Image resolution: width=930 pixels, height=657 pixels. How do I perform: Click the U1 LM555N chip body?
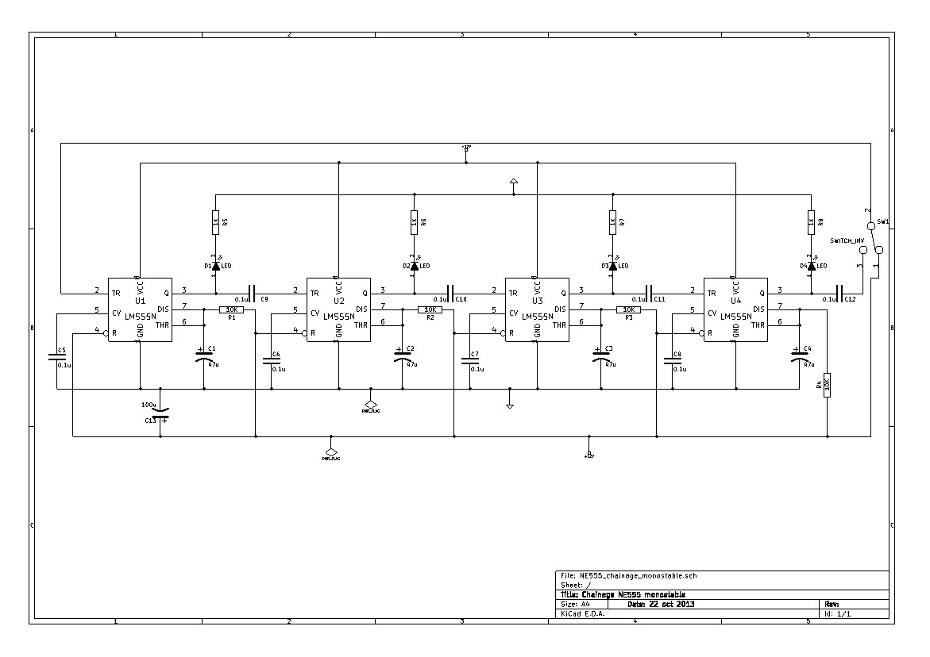coord(140,310)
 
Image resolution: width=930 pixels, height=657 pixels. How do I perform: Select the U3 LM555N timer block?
coord(537,310)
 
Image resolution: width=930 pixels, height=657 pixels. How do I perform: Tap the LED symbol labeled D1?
coord(215,265)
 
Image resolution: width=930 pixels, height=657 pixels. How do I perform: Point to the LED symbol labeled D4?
coord(811,265)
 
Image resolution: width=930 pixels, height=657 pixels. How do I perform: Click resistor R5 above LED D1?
coord(215,223)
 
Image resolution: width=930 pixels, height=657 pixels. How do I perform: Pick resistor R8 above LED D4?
coord(811,223)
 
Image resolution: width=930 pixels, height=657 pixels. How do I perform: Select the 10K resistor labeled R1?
coord(232,309)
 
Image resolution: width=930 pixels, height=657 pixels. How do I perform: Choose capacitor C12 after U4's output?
coord(838,292)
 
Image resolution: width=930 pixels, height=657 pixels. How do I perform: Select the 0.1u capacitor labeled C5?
coord(57,356)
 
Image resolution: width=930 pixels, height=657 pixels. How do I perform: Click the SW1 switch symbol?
coord(871,242)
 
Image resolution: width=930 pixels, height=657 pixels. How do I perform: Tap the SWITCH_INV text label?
coord(847,240)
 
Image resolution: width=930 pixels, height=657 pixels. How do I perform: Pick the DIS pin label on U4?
coord(758,309)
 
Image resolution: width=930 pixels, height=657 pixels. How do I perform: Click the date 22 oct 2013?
coord(662,604)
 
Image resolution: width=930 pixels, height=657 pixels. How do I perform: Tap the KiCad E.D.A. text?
coord(582,613)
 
